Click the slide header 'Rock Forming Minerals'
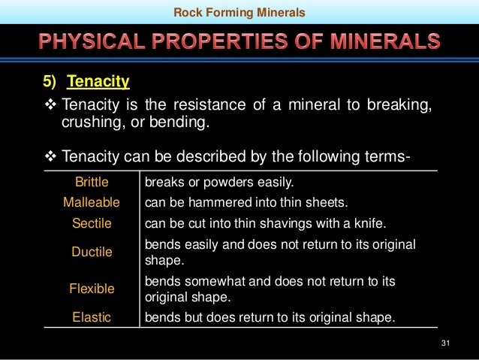[x=239, y=12]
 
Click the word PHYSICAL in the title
[x=89, y=41]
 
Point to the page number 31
[x=445, y=343]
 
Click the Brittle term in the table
[x=92, y=182]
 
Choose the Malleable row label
[x=92, y=202]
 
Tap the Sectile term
[x=92, y=223]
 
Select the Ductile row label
[x=92, y=252]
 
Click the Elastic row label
[x=92, y=317]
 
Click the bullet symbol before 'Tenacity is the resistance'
[x=50, y=104]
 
